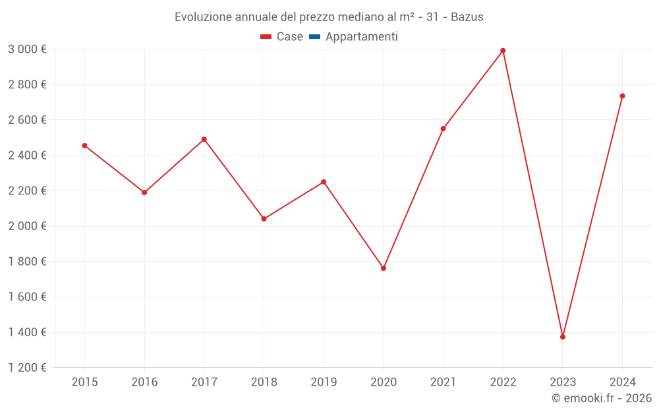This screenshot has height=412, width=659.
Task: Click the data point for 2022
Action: tap(503, 51)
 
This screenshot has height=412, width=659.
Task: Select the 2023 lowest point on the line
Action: tap(563, 337)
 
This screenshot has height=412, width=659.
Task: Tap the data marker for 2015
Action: tap(84, 146)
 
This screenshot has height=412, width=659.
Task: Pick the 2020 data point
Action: tap(384, 268)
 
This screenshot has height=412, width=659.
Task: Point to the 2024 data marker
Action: tap(622, 96)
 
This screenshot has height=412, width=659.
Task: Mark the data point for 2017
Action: tap(204, 139)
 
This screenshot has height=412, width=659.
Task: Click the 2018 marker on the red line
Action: tap(264, 219)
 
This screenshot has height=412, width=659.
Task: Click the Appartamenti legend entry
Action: tap(361, 37)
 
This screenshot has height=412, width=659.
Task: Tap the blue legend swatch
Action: tap(314, 37)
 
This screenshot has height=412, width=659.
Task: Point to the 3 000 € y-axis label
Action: tap(27, 49)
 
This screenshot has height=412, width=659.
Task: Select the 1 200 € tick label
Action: tap(27, 368)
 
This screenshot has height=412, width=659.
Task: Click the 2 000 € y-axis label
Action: tap(27, 226)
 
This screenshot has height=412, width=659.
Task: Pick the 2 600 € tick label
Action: tap(27, 120)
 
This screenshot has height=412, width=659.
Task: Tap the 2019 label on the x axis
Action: tap(324, 382)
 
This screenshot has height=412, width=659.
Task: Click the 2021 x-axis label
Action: tap(443, 382)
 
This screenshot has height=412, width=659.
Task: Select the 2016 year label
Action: tap(144, 382)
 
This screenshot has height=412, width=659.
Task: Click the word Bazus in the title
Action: tap(467, 17)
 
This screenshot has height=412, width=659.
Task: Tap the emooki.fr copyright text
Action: tap(602, 398)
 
